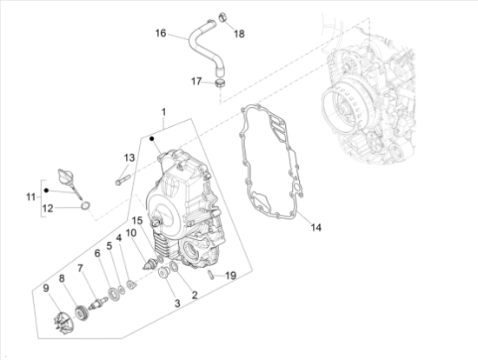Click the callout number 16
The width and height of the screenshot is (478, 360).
pos(161,33)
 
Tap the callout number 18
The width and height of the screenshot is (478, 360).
pos(239,34)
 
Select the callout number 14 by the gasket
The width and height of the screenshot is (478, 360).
pos(315,227)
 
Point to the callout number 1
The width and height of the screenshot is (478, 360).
pos(163,112)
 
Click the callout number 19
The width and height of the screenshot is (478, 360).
pos(231,276)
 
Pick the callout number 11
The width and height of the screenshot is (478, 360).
pos(30,197)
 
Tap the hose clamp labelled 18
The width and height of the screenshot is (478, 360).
pos(222,17)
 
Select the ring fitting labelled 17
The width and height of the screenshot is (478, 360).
pos(220,83)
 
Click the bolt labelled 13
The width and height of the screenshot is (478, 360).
pos(123,180)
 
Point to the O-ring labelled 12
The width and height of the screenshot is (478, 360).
pos(86,206)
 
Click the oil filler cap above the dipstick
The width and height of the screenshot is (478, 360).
pos(65,176)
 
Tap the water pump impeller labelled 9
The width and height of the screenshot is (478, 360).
pos(62,321)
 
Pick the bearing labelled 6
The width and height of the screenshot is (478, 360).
pos(115,295)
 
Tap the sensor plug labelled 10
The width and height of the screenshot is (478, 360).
pos(149,263)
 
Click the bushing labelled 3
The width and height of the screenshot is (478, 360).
pos(164,272)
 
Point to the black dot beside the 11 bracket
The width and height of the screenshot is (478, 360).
pos(46,190)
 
